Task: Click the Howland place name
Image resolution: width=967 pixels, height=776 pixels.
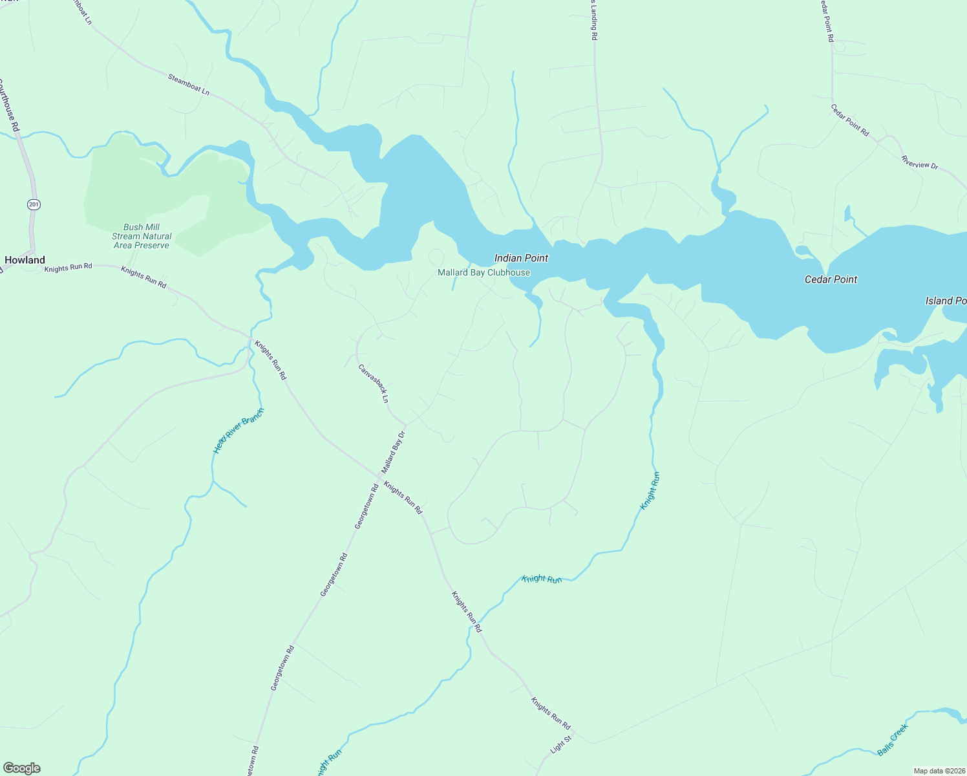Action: pos(25,260)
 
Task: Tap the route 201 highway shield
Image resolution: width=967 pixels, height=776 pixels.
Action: pos(34,204)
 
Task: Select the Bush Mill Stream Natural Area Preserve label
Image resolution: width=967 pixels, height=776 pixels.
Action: pos(141,236)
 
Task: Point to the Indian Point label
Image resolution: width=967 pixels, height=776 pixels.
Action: pos(521,258)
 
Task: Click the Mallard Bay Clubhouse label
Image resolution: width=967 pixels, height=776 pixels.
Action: pos(483,272)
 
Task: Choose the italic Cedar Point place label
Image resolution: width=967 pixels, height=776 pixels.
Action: pos(831,279)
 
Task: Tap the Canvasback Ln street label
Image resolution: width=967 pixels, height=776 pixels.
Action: pos(374,383)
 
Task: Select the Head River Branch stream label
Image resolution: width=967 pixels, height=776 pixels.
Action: pos(239,431)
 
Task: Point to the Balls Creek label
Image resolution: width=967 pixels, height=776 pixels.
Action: pos(893,740)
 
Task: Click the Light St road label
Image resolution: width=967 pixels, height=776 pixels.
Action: pos(561,744)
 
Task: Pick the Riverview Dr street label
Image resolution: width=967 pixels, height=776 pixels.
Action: pos(919,162)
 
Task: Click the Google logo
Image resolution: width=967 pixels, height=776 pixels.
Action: pos(22,768)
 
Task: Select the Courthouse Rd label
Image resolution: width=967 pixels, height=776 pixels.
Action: pos(10,106)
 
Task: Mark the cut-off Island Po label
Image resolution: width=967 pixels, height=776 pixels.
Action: pos(946,301)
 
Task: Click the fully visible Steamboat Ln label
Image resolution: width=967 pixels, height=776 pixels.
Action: pos(189,85)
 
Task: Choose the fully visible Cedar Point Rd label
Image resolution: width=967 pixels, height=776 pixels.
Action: pos(850,120)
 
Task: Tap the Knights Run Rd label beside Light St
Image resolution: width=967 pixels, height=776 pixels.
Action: pos(551,713)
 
